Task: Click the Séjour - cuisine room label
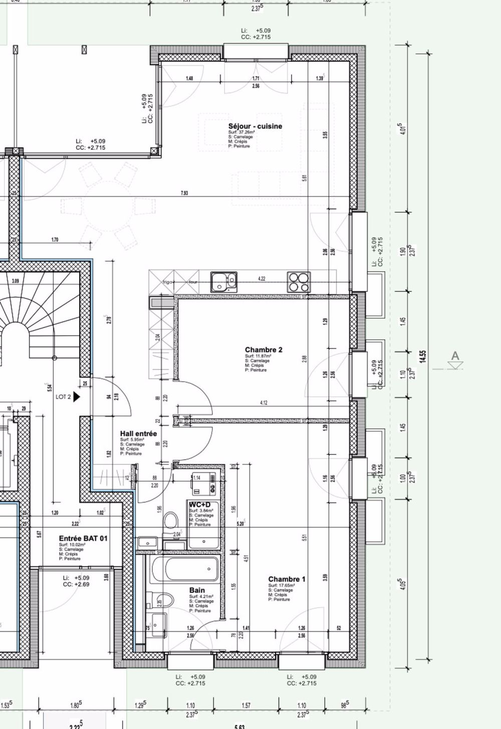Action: pyautogui.click(x=255, y=126)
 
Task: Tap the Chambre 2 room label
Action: pyautogui.click(x=264, y=350)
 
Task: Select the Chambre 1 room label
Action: pyautogui.click(x=287, y=579)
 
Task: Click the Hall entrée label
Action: pyautogui.click(x=138, y=434)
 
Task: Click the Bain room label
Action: pyautogui.click(x=196, y=591)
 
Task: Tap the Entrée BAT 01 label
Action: pyautogui.click(x=83, y=539)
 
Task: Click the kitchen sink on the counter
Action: pyautogui.click(x=223, y=281)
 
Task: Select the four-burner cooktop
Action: pyautogui.click(x=299, y=282)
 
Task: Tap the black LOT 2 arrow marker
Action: pyautogui.click(x=77, y=397)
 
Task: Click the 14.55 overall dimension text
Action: pyautogui.click(x=423, y=356)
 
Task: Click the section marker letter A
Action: pyautogui.click(x=455, y=356)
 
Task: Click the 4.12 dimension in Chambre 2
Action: pyautogui.click(x=264, y=402)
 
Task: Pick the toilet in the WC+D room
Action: pyautogui.click(x=171, y=520)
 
